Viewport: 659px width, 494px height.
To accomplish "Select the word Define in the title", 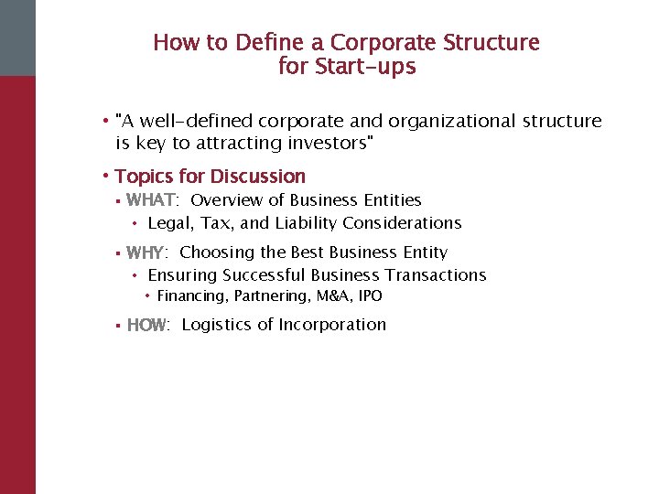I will pyautogui.click(x=268, y=43).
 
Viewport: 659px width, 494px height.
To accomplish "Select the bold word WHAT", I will pyautogui.click(x=151, y=199).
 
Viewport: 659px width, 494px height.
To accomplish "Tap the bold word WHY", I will pyautogui.click(x=146, y=252).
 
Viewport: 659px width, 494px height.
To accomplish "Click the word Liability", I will pyautogui.click(x=304, y=223).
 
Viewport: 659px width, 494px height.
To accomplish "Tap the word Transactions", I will pyautogui.click(x=436, y=275).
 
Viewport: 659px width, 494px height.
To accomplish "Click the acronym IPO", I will pyautogui.click(x=370, y=296).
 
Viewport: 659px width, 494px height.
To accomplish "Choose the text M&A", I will pyautogui.click(x=331, y=296).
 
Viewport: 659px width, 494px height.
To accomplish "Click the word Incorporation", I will pyautogui.click(x=332, y=325).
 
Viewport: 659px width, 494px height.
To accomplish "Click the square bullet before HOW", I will pyautogui.click(x=118, y=325).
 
